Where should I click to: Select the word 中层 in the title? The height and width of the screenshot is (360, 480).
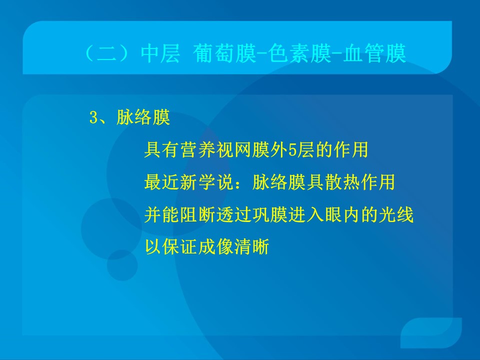(160, 53)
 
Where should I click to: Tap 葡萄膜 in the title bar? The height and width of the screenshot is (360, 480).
(224, 53)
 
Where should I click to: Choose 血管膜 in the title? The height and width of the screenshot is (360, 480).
(374, 53)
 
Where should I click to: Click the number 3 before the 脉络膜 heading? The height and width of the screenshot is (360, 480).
(93, 117)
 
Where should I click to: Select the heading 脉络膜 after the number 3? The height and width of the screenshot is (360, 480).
(143, 117)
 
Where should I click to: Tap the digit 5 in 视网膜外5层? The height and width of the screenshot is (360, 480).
(292, 150)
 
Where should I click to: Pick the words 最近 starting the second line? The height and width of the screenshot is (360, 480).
(162, 182)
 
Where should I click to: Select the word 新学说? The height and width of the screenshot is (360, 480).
(206, 182)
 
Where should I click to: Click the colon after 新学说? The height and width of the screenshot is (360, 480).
(243, 183)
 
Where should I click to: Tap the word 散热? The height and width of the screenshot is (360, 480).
(342, 182)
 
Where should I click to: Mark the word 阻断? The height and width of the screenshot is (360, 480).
(198, 214)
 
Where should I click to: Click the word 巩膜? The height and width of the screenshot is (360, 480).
(270, 214)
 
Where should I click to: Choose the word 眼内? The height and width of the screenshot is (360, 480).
(342, 214)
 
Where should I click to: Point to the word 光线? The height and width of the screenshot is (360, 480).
(396, 214)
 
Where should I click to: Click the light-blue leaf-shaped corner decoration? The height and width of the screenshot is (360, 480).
(431, 333)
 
